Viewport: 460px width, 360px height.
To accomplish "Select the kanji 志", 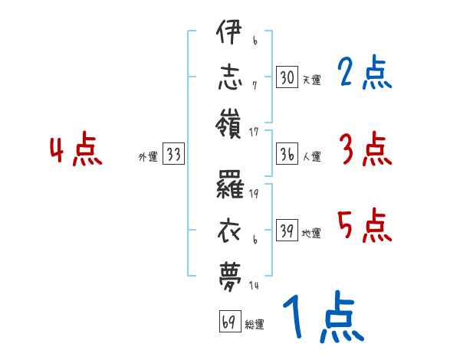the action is click(x=230, y=77).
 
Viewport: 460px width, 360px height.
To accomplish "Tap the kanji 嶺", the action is click(x=230, y=120).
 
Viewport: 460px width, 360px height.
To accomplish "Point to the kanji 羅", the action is click(x=230, y=186).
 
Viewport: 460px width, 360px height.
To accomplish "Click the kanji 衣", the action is click(x=230, y=229).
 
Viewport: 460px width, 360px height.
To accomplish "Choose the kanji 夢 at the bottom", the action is click(x=230, y=272).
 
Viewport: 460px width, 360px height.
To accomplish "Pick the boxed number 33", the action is click(x=173, y=155).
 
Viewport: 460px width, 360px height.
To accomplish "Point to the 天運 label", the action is click(x=311, y=80).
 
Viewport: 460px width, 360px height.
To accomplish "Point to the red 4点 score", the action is click(x=77, y=151).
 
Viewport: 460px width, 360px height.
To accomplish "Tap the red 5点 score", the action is click(x=364, y=226).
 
